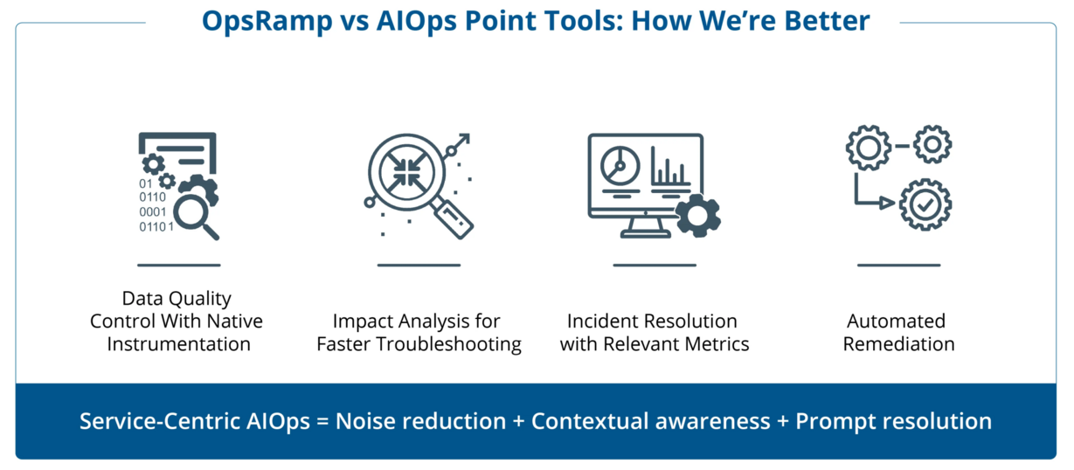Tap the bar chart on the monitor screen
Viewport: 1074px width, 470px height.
click(x=669, y=168)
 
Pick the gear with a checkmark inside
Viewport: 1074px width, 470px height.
click(x=924, y=204)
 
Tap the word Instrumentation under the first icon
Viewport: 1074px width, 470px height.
click(x=178, y=343)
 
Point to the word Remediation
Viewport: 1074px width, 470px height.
click(x=899, y=343)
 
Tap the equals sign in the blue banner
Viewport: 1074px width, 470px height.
click(x=321, y=422)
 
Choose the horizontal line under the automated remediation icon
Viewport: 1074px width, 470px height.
click(x=898, y=265)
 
